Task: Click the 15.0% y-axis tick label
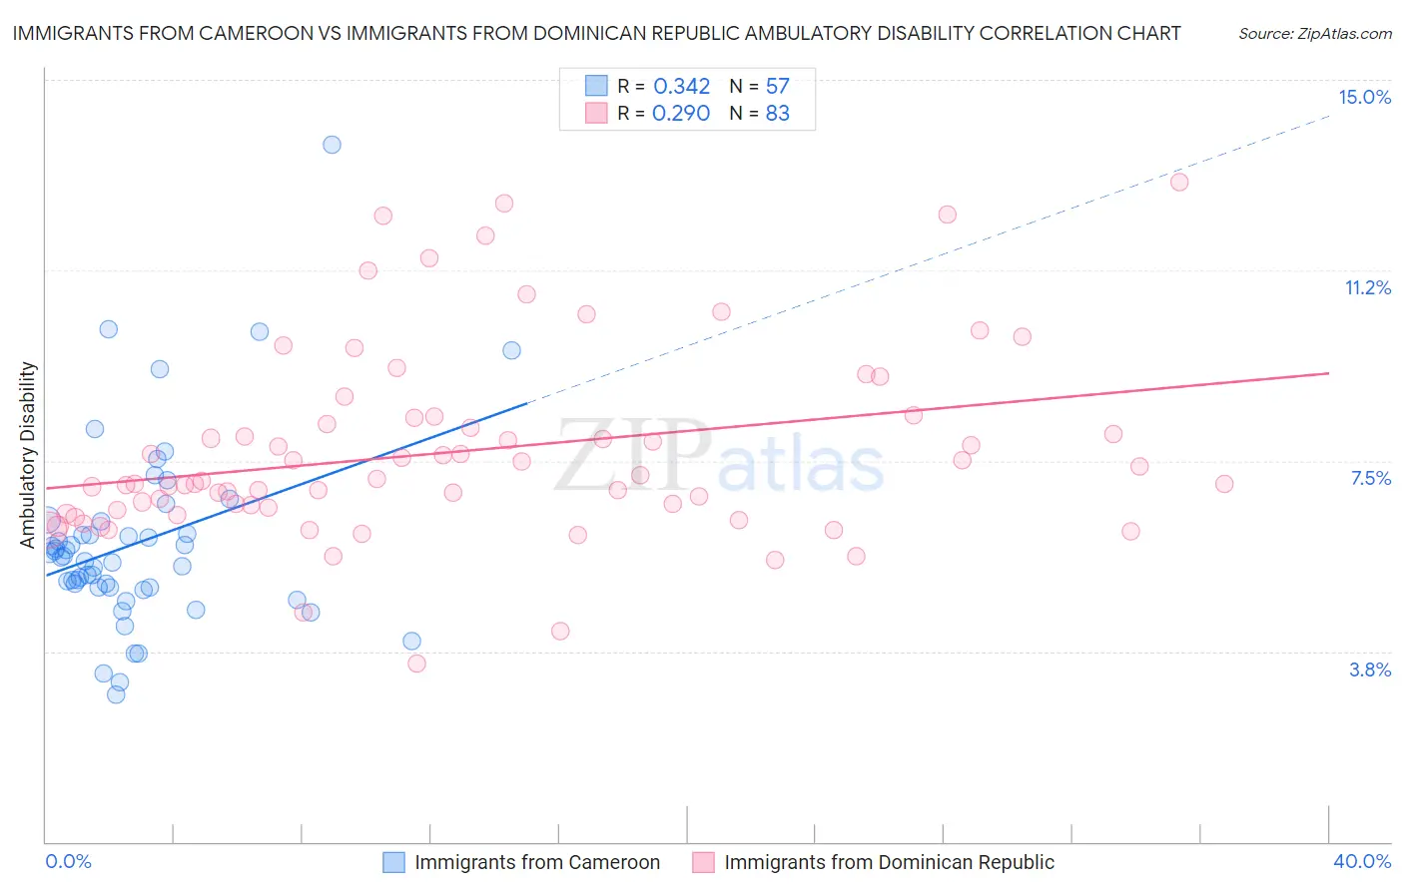click(1364, 97)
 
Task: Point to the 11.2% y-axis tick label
click(1367, 288)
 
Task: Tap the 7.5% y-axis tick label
click(1370, 479)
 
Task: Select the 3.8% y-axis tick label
click(1370, 670)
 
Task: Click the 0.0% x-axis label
click(68, 861)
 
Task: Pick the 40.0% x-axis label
click(1361, 861)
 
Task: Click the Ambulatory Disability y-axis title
click(28, 454)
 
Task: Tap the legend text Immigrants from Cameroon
click(537, 862)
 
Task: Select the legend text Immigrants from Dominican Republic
click(889, 862)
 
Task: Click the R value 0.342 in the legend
click(681, 87)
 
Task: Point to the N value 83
click(777, 114)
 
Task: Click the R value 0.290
click(681, 114)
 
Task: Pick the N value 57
click(777, 87)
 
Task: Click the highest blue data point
click(332, 145)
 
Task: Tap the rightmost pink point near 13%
click(1179, 182)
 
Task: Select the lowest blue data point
click(116, 694)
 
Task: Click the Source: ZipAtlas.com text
click(1314, 34)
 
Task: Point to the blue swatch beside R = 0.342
click(596, 86)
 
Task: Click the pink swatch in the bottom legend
click(703, 862)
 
